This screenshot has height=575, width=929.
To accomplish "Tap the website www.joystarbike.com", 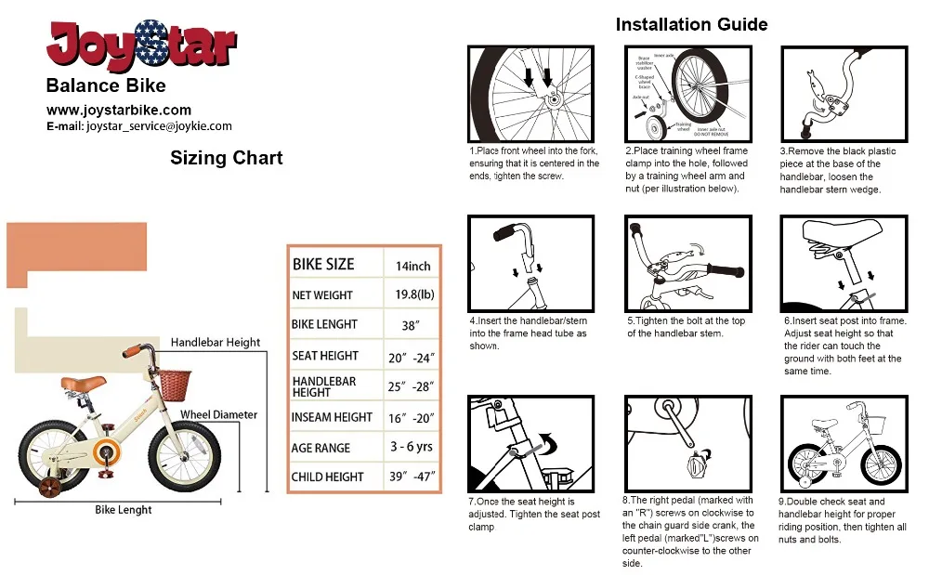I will pyautogui.click(x=119, y=110).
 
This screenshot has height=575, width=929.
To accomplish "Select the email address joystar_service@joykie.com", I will pyautogui.click(x=158, y=126).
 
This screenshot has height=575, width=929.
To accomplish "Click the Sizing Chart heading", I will pyautogui.click(x=226, y=158).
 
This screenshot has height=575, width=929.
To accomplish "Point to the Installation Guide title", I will pyautogui.click(x=691, y=24).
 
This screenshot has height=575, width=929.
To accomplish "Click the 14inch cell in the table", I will pyautogui.click(x=412, y=265).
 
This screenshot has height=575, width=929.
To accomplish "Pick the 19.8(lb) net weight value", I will pyautogui.click(x=412, y=294).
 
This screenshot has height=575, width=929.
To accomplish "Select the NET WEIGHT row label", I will pyautogui.click(x=322, y=295).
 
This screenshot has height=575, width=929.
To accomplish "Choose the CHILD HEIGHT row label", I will pyautogui.click(x=328, y=477).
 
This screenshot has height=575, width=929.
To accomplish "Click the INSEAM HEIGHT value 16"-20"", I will pyautogui.click(x=412, y=417).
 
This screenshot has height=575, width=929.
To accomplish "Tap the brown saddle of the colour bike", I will pyautogui.click(x=84, y=383).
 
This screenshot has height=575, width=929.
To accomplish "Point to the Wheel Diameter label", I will pyautogui.click(x=218, y=414).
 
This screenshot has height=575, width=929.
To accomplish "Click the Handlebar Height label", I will pyautogui.click(x=216, y=343).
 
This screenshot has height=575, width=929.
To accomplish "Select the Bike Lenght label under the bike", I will pyautogui.click(x=123, y=510).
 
